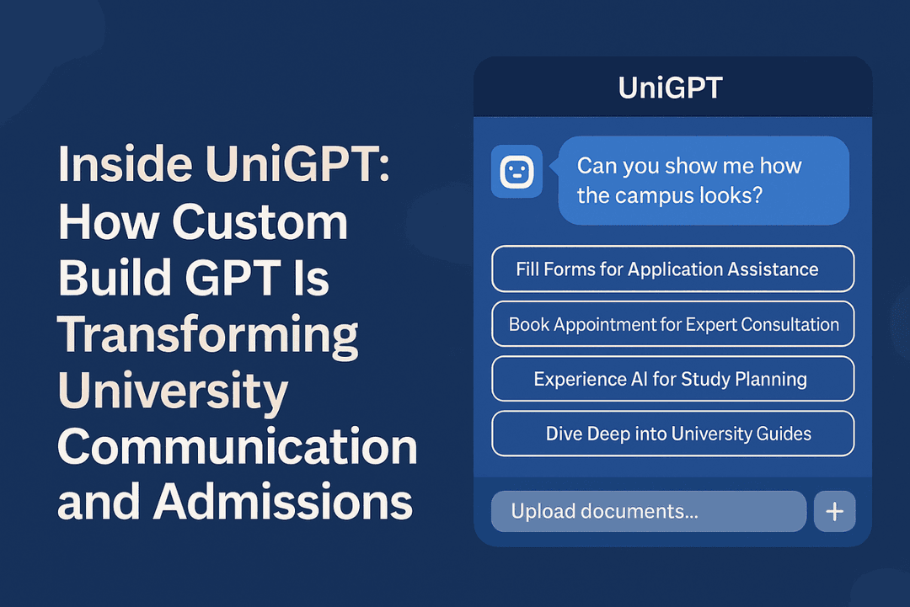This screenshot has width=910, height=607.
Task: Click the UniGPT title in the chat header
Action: point(670,88)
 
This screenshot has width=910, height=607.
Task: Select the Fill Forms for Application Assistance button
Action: point(672,269)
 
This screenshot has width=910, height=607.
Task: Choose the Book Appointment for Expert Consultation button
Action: point(672,324)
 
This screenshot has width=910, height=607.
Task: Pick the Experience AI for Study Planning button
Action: point(672,379)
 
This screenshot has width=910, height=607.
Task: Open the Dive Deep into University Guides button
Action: point(672,434)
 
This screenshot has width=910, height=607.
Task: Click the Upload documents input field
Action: point(648,511)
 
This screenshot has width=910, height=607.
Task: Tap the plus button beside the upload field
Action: point(834,512)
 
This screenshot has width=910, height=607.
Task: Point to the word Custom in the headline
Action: point(262,222)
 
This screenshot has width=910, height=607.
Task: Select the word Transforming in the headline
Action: point(207,334)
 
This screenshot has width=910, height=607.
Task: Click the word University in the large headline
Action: point(172,390)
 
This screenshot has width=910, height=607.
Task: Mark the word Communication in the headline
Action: point(237,446)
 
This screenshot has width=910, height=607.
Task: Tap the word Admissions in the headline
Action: point(282,502)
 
